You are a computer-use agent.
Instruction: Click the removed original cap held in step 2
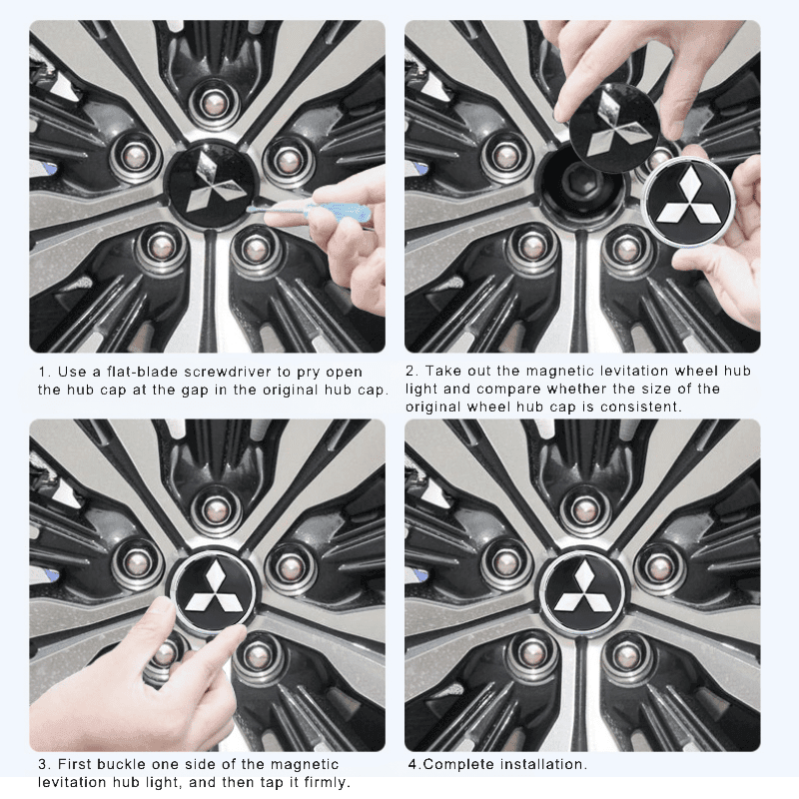[613, 127]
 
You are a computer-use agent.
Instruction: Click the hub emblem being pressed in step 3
[213, 590]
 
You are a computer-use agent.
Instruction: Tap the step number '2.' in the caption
[411, 372]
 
